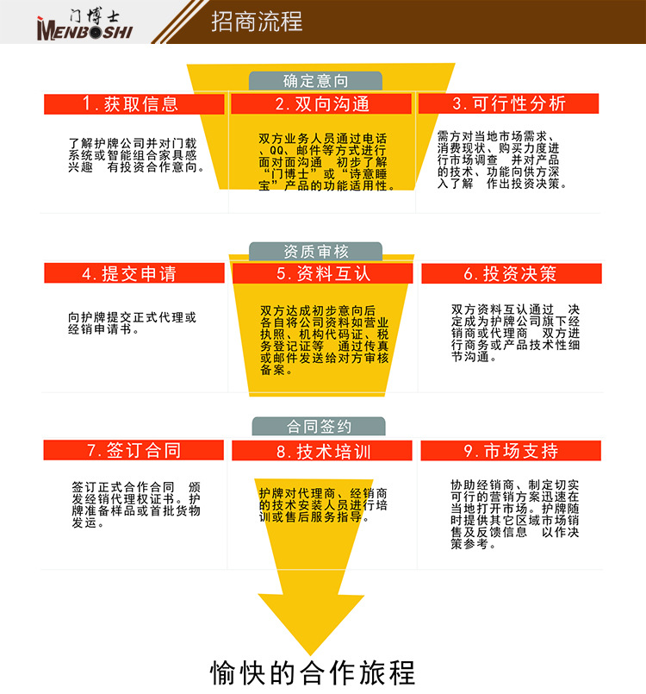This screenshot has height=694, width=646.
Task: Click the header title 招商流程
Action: tap(257, 22)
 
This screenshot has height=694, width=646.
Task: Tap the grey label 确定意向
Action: tap(315, 81)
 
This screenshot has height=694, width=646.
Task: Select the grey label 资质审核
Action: tap(315, 252)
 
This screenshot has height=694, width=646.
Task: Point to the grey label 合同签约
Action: tap(319, 426)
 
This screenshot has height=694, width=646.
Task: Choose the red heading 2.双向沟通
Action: tap(322, 104)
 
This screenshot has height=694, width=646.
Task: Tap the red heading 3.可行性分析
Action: tap(509, 104)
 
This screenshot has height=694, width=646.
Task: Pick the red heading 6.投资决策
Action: tap(511, 274)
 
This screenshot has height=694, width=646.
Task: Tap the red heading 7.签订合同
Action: tap(134, 451)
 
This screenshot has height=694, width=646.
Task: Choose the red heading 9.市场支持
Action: tap(511, 451)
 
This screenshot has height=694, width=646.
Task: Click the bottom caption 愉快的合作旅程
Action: tap(313, 672)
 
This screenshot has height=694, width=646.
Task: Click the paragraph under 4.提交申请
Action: tap(133, 323)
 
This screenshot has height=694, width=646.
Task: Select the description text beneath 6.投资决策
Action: tap(515, 333)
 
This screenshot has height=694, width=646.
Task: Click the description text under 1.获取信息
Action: tap(136, 155)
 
